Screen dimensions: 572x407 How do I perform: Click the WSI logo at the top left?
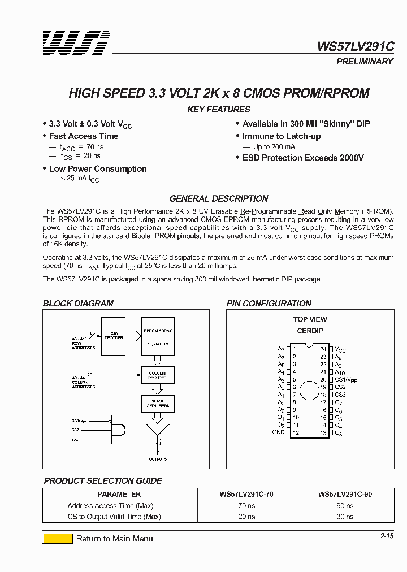click(76, 43)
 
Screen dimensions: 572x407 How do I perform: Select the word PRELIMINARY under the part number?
click(365, 61)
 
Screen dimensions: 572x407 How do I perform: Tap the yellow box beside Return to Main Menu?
click(58, 539)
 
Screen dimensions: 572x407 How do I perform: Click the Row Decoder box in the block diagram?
click(114, 336)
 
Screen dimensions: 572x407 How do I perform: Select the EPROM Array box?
click(158, 337)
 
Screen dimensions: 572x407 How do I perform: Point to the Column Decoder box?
click(158, 375)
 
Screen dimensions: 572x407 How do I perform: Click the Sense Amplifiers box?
click(158, 404)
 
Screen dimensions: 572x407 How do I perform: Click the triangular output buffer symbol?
click(157, 430)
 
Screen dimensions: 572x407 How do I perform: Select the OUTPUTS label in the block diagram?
click(158, 459)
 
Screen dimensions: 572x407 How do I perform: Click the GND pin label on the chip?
click(278, 432)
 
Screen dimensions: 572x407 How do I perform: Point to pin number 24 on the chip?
click(323, 349)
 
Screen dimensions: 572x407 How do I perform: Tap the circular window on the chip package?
click(309, 391)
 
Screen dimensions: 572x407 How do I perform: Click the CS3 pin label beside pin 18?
click(340, 395)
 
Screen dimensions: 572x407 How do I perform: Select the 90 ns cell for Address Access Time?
click(344, 506)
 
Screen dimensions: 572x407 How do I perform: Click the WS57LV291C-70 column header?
click(246, 494)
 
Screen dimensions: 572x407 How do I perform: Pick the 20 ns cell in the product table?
click(246, 517)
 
